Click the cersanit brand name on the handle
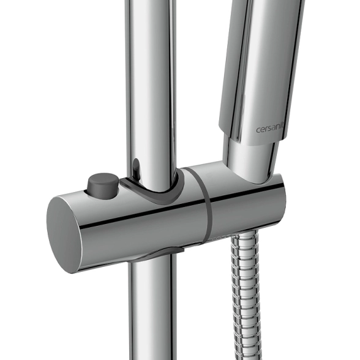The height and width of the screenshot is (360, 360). pyautogui.click(x=270, y=129)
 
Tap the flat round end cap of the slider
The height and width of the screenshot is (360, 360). pyautogui.click(x=64, y=234)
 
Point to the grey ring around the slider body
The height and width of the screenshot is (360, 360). pyautogui.click(x=207, y=207)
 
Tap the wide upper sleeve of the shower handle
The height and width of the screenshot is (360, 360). pyautogui.click(x=262, y=69)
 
